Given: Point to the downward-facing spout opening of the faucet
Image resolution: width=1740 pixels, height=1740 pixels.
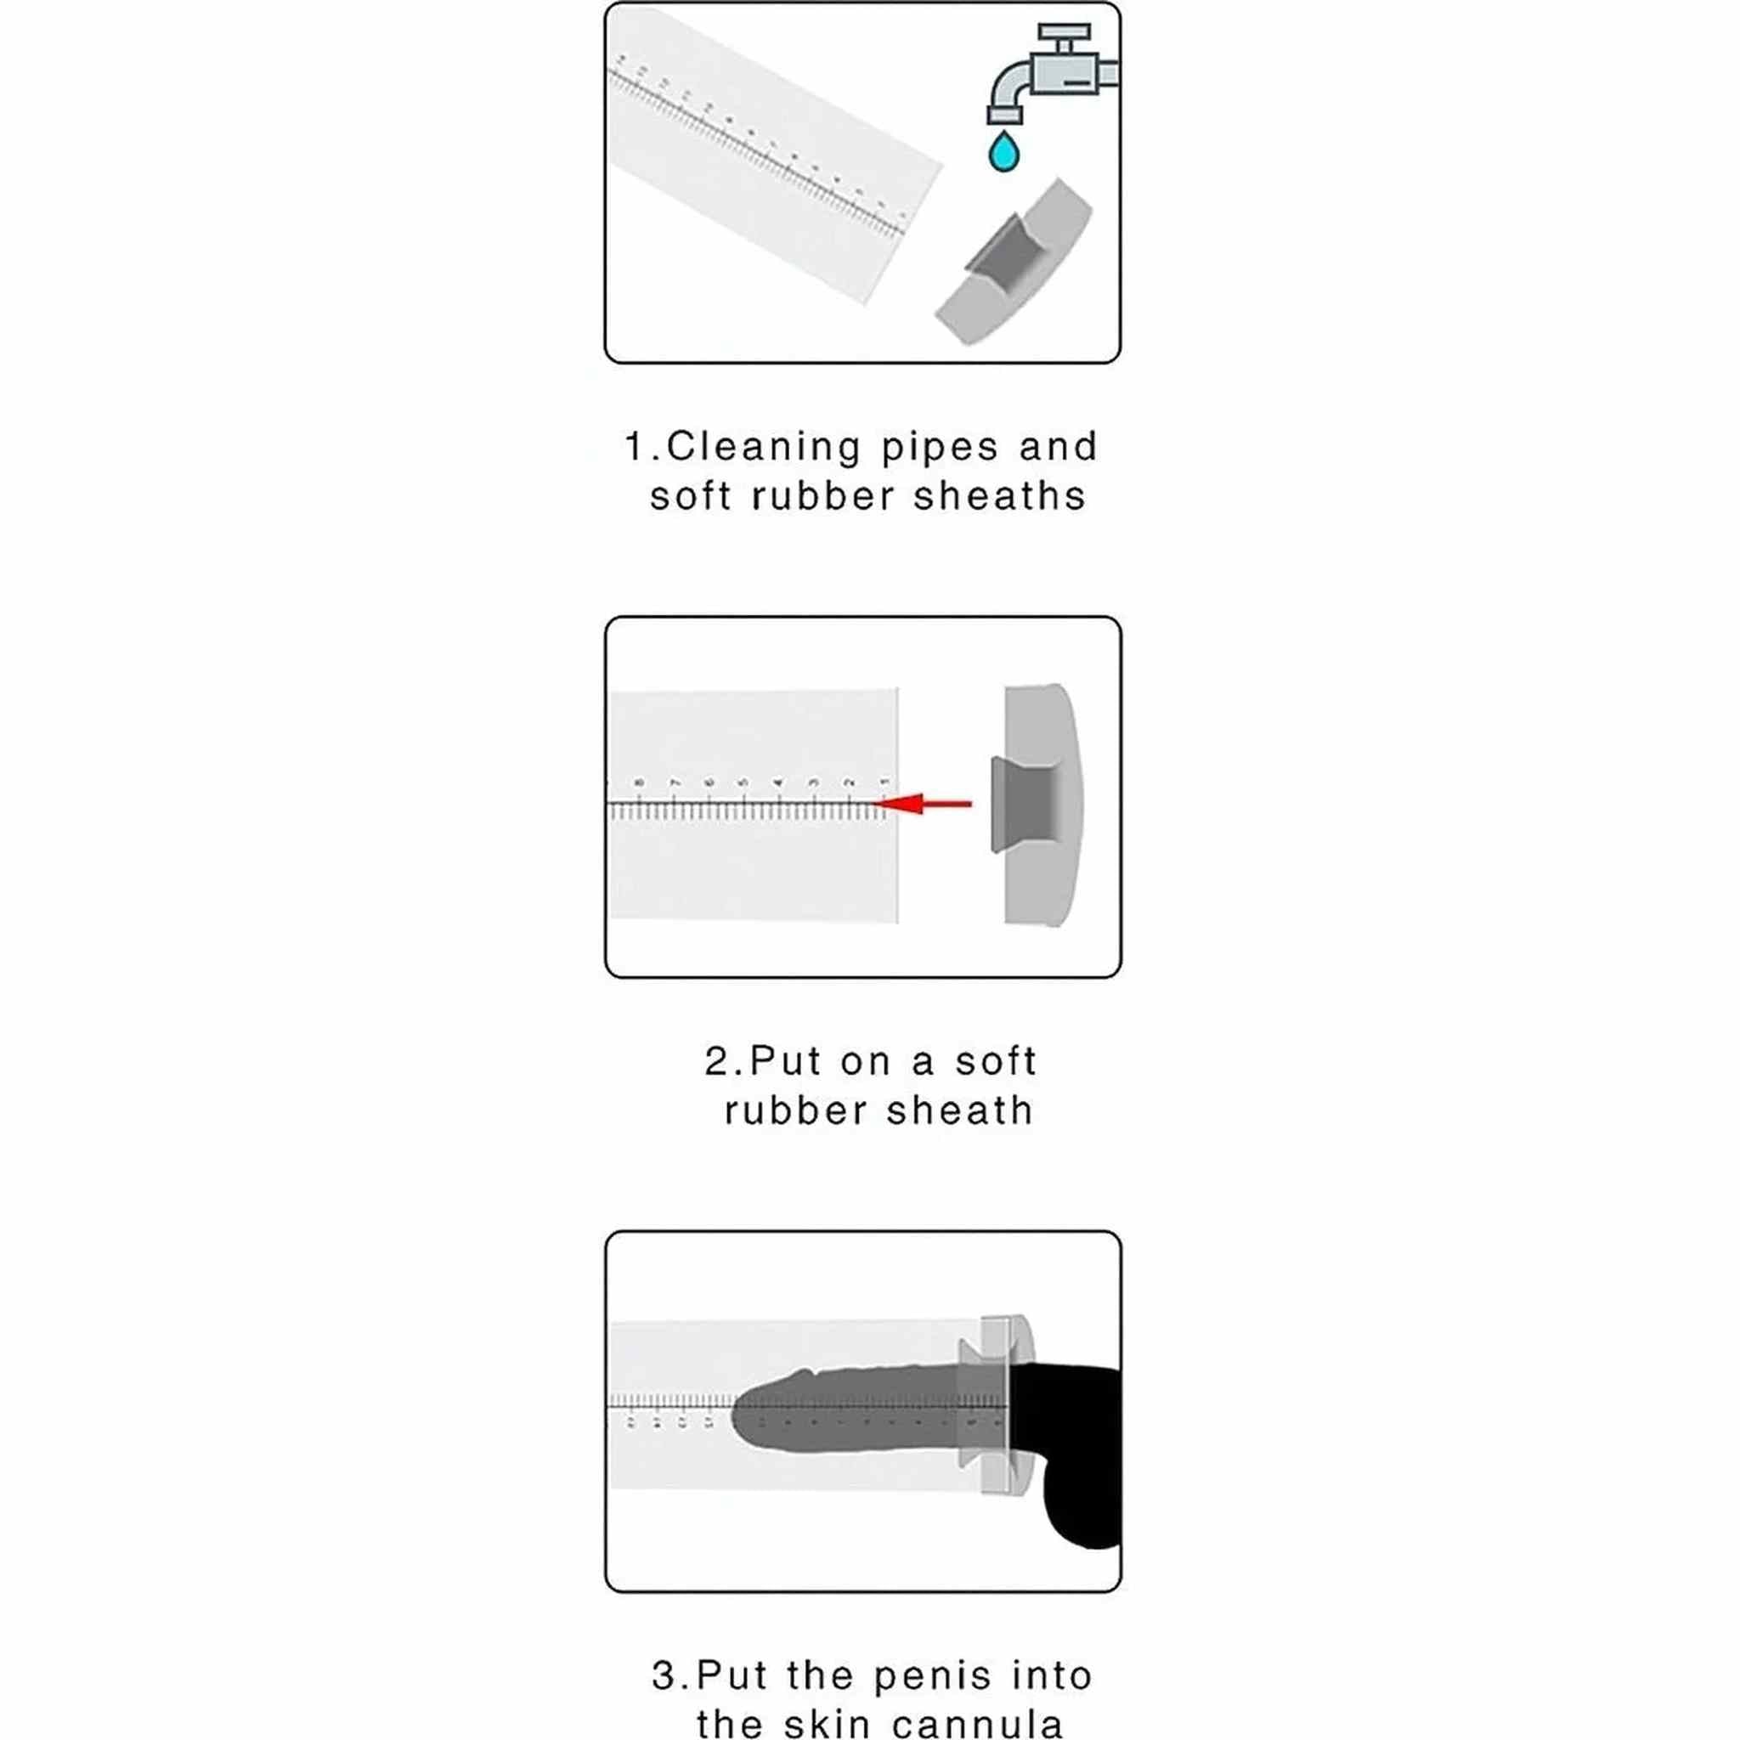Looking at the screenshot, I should coord(1004,116).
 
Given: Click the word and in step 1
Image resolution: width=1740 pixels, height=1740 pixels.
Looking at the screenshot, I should coord(1059,448).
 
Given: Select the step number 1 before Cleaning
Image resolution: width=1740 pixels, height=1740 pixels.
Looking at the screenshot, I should coord(635,448).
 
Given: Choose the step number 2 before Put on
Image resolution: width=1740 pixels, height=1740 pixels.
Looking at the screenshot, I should coord(719,1061).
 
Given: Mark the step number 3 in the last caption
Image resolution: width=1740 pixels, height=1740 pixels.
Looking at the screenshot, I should coord(664,1676).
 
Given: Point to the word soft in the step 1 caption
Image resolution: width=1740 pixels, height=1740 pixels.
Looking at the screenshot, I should coord(691,496).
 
